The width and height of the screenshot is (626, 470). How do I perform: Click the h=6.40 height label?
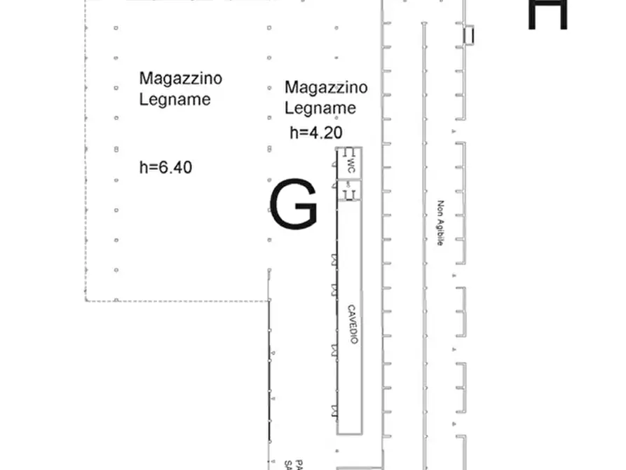[166, 167]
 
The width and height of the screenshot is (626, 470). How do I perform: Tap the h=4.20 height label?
[315, 133]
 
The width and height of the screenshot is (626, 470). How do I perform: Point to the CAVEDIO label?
[353, 324]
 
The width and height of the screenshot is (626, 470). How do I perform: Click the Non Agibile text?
[440, 224]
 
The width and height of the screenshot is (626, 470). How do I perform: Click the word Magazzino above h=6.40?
[180, 78]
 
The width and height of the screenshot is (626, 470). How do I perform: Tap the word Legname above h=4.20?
[320, 108]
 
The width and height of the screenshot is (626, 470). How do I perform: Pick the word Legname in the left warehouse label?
[175, 99]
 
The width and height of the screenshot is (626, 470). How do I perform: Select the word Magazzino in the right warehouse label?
[326, 87]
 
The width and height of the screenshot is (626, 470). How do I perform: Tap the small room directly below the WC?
[349, 190]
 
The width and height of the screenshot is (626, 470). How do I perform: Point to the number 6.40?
[174, 167]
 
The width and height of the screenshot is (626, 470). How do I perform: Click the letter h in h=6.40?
[144, 167]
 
